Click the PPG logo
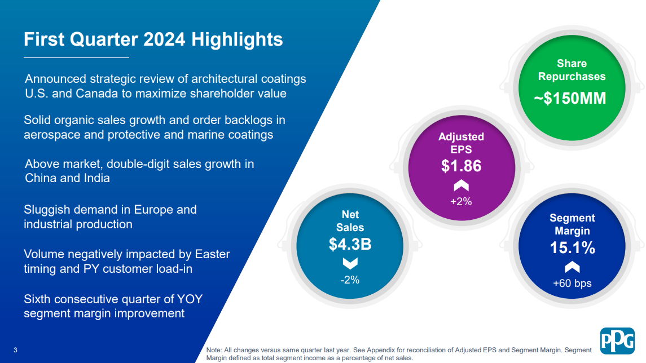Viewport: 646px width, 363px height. coord(617,341)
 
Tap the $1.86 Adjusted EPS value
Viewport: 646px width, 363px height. coord(461,166)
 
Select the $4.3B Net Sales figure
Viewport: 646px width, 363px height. coord(350,244)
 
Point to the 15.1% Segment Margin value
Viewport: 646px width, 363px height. coord(572,248)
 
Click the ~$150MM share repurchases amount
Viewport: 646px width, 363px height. coord(570,99)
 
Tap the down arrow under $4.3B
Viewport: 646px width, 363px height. coord(350,263)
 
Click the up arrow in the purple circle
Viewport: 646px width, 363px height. coord(461,185)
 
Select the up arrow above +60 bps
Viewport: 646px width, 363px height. coord(572,268)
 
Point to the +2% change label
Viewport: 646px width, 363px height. coord(461,201)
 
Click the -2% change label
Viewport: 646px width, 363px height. coord(350,280)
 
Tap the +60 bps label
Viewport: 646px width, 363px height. coord(572,283)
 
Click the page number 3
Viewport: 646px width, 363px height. coord(15,350)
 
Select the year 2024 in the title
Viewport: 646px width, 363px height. coord(164,39)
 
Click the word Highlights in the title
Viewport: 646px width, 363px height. coord(237,40)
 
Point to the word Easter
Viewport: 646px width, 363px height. coord(212,254)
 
